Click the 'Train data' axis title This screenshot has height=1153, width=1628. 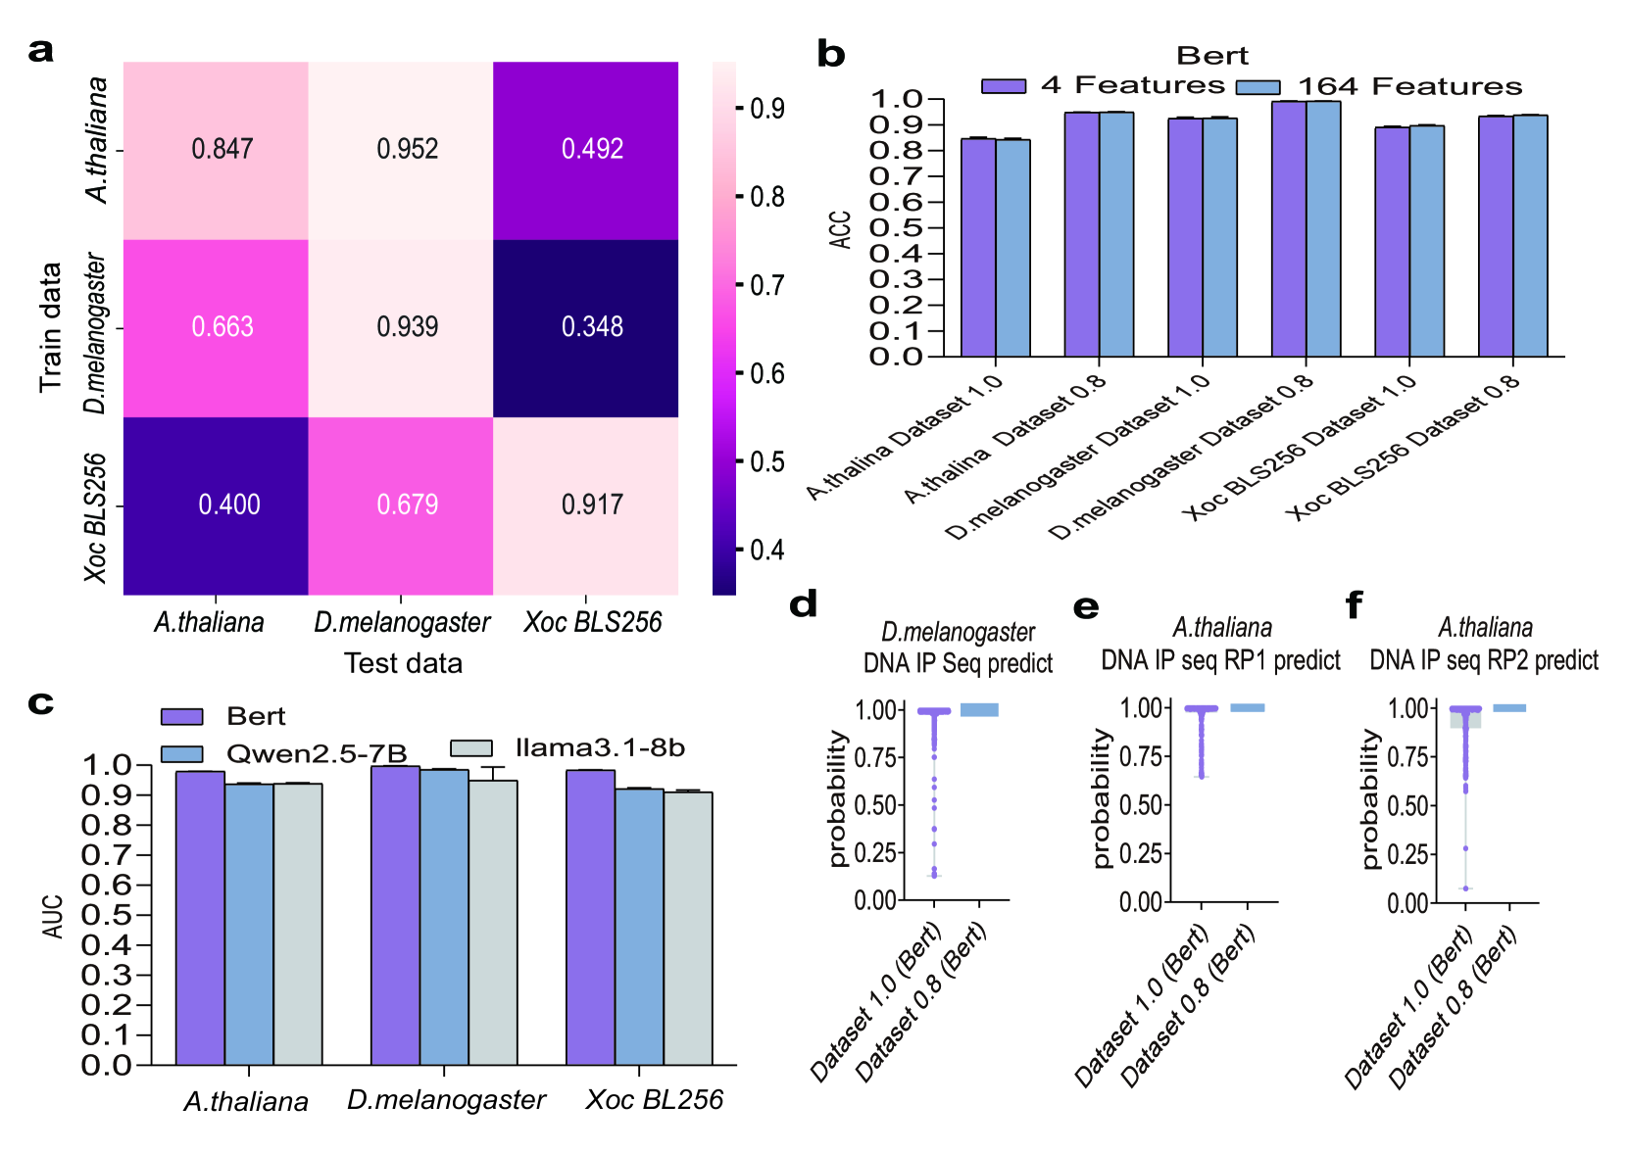pyautogui.click(x=51, y=327)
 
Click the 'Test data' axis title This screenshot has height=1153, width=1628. pyautogui.click(x=403, y=664)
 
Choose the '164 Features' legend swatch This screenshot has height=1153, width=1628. pyautogui.click(x=1258, y=87)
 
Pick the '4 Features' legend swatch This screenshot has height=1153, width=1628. pyautogui.click(x=1004, y=86)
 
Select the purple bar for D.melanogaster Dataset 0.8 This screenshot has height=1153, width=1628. pyautogui.click(x=1289, y=228)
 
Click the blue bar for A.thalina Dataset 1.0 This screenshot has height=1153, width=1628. pyautogui.click(x=1013, y=248)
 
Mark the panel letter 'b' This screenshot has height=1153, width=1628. pyautogui.click(x=830, y=55)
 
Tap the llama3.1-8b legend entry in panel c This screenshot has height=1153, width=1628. pyautogui.click(x=599, y=748)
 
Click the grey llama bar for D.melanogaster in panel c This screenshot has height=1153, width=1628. pyautogui.click(x=493, y=921)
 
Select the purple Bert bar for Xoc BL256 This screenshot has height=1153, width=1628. pyautogui.click(x=590, y=916)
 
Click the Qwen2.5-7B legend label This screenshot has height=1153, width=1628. pyautogui.click(x=316, y=753)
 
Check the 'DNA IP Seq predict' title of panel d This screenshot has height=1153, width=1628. pyautogui.click(x=958, y=664)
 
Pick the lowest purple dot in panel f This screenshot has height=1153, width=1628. pyautogui.click(x=1466, y=889)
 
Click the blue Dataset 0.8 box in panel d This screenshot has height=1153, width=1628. pyautogui.click(x=979, y=710)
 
